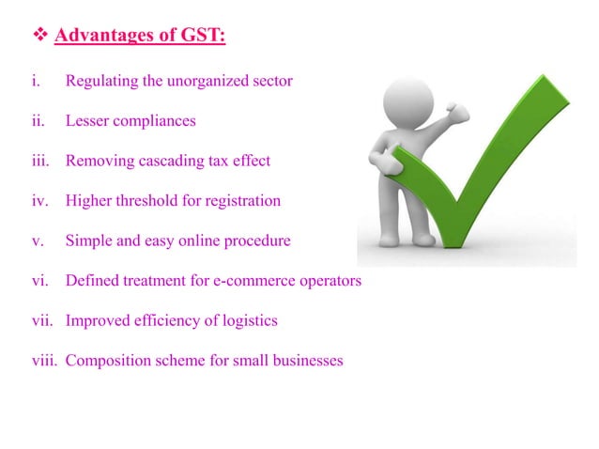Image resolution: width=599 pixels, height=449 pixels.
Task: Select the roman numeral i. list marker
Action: (x=35, y=81)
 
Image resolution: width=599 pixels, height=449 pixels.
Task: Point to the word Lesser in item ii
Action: (x=87, y=121)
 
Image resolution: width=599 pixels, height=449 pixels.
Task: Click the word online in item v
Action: (x=205, y=240)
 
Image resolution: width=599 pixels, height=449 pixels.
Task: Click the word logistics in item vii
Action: (x=247, y=320)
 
